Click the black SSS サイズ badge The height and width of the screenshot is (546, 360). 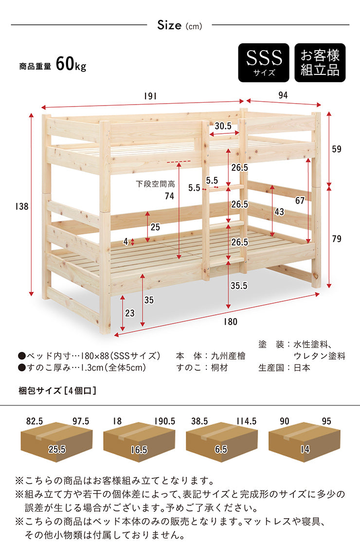(264, 63)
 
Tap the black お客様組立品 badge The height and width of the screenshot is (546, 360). (320, 63)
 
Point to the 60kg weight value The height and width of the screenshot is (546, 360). (71, 64)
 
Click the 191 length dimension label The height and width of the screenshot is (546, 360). (150, 96)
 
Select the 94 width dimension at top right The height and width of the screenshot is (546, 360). (283, 95)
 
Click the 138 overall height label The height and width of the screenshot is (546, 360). (21, 206)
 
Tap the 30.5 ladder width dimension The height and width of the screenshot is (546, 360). (223, 126)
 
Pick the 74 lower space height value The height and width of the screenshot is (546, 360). (170, 196)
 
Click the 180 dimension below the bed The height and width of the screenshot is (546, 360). (231, 322)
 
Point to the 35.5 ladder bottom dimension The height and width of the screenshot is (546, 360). (239, 286)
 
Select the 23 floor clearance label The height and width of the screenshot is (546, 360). (130, 313)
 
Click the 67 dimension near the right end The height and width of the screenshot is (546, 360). (300, 200)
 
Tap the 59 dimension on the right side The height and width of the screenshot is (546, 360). (337, 149)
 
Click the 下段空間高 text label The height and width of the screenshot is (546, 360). (155, 184)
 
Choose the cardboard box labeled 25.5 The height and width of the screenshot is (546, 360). (57, 442)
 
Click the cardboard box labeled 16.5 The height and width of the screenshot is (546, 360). (139, 442)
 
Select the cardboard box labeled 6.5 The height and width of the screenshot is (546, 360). (221, 442)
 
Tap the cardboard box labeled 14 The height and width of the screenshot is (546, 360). (304, 442)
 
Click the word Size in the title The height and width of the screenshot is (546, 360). (170, 25)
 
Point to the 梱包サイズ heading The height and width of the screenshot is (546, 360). (40, 391)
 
